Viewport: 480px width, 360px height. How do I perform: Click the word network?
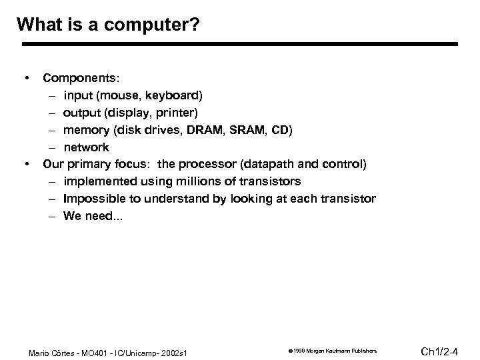tap(86, 147)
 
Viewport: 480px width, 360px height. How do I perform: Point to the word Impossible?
tap(92, 199)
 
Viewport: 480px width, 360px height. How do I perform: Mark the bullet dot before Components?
tap(26, 77)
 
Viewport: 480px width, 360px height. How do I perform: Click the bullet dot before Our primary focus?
tap(26, 164)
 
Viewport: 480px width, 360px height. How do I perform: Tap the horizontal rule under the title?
tap(240, 45)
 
